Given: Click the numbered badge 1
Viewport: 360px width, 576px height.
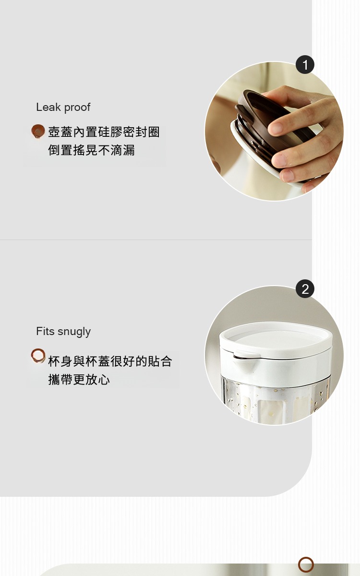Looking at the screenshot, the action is pos(305,64).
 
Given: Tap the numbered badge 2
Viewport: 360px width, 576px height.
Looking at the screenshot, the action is pos(305,289).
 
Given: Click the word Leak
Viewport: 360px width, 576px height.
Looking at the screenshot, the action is pos(48,107).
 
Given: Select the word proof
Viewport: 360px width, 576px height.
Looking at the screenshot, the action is pos(77,108).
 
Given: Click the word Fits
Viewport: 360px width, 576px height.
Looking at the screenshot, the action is pos(45,331).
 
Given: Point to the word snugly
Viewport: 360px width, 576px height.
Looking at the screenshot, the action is pos(74,332).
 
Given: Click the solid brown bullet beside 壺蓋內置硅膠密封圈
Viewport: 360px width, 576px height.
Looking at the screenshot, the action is pos(38,131).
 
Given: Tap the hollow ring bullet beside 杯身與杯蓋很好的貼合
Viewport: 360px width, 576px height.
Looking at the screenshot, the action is pos(38,356).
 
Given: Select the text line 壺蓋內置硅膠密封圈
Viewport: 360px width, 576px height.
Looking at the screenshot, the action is pos(104,132).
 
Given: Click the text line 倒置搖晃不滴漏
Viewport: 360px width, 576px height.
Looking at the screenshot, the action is pos(91,150).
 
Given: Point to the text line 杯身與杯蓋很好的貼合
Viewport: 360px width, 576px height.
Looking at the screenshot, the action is pos(110,361).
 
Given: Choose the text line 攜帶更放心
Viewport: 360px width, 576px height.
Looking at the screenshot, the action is pos(79,380).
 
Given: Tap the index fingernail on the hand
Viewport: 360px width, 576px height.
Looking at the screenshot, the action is pos(276,129).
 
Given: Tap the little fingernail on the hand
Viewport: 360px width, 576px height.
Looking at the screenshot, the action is pos(288,176).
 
